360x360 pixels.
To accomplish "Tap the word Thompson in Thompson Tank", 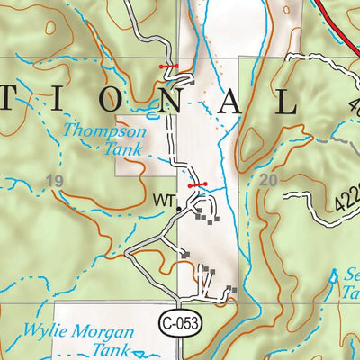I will coord(98,131).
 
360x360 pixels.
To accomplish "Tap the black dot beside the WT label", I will coord(178,208).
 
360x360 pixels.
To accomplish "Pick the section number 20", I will coord(266,181).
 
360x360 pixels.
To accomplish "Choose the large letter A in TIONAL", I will coord(230,102).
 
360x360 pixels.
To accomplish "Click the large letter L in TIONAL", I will coord(286,102).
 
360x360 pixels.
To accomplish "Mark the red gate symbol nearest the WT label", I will coord(198,184).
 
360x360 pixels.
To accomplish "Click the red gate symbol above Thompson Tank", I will coord(168,67).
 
